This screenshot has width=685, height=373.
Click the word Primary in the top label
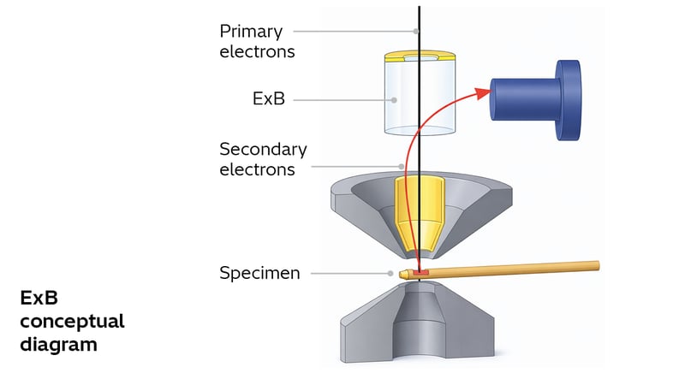point(252,31)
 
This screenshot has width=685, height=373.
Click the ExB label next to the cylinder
point(268,99)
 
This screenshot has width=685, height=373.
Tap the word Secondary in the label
point(263,149)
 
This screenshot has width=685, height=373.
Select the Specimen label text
point(259,274)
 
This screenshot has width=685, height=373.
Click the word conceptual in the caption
point(73,322)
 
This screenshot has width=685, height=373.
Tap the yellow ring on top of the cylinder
point(420,57)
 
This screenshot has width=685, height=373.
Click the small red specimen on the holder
point(420,273)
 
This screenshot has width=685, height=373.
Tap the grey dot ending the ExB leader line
point(395,99)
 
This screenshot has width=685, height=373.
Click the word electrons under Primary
point(257,51)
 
